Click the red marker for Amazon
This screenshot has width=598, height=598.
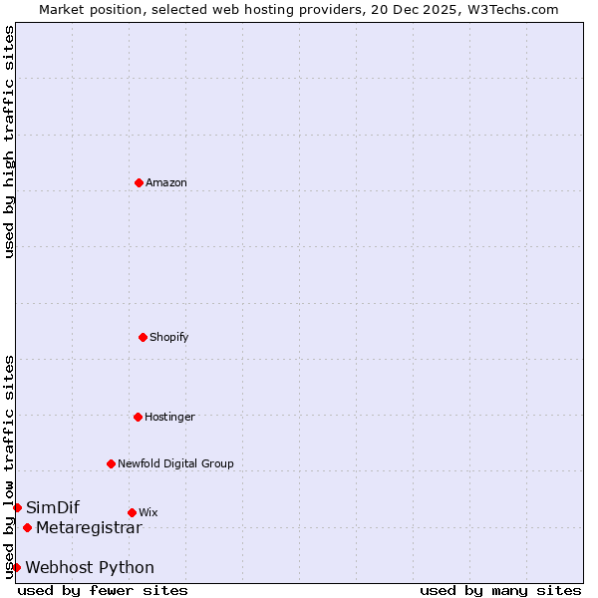tap(139, 182)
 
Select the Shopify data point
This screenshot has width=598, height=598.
tap(143, 337)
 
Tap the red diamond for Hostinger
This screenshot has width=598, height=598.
tap(138, 417)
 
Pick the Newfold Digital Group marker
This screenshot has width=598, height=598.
tap(111, 463)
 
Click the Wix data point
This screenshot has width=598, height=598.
tap(132, 512)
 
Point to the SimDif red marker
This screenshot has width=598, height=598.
tap(17, 507)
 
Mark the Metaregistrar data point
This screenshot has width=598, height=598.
tap(27, 527)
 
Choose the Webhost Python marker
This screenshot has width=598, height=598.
tap(16, 567)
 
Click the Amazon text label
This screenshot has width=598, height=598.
tap(166, 182)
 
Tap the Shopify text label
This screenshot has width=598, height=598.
tap(169, 337)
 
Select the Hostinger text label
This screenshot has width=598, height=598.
tap(169, 417)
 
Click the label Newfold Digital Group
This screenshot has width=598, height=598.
tap(175, 463)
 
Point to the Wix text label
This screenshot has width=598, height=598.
tap(149, 512)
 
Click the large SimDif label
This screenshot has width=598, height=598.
tap(53, 507)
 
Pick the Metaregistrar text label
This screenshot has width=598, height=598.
tap(89, 527)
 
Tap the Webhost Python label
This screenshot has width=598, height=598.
tap(90, 567)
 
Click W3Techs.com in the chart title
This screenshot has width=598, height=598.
tap(508, 9)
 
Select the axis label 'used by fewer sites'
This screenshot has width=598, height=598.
tap(103, 590)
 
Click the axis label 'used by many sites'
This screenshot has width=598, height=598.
tap(500, 590)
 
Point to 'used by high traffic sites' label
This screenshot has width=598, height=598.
tap(9, 142)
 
